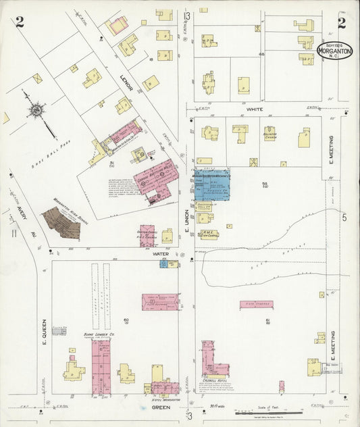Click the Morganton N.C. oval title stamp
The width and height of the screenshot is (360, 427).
pos(334,50)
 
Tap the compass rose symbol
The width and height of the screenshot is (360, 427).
pos(35,111)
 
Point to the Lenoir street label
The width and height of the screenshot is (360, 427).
pos(128,82)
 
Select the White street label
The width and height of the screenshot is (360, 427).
pos(255,109)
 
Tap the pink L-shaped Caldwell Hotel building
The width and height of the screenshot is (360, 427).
pos(212,361)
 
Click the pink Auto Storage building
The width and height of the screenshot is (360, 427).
pos(256,305)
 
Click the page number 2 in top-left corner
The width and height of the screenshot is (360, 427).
pos(20,22)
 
